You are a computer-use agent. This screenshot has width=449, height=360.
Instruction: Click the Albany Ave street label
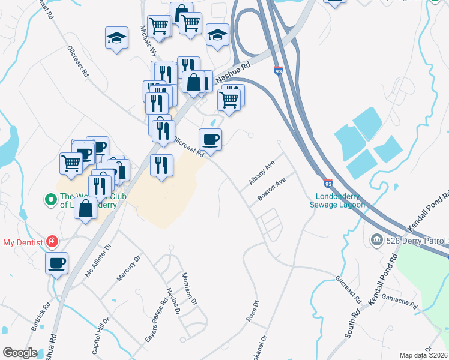point(262,173)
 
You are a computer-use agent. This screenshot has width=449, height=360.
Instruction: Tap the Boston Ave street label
point(272,190)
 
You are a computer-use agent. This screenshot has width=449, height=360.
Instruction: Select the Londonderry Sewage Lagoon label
point(337,200)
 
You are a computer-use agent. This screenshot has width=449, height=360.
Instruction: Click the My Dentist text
point(23,242)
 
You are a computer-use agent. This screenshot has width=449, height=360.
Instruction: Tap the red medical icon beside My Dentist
point(53,242)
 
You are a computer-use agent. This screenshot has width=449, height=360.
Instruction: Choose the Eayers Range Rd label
point(155,321)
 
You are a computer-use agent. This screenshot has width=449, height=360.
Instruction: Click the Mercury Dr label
point(128,268)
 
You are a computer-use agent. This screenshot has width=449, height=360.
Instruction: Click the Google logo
point(20,353)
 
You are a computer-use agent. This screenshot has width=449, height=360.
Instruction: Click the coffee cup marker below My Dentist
point(57,263)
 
